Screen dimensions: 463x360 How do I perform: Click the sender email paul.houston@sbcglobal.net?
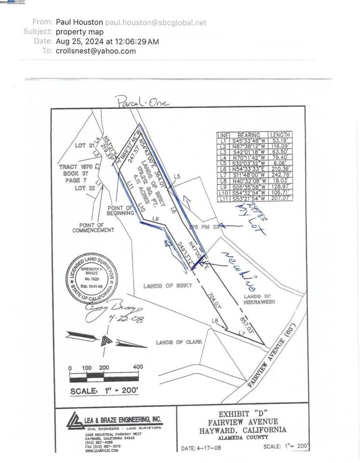(163, 22)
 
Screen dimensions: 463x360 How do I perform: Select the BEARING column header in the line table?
(248, 135)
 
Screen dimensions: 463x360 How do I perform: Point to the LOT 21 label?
(84, 145)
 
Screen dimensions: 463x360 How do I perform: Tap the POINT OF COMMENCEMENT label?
(93, 227)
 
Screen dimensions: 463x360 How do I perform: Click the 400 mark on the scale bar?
(137, 367)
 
